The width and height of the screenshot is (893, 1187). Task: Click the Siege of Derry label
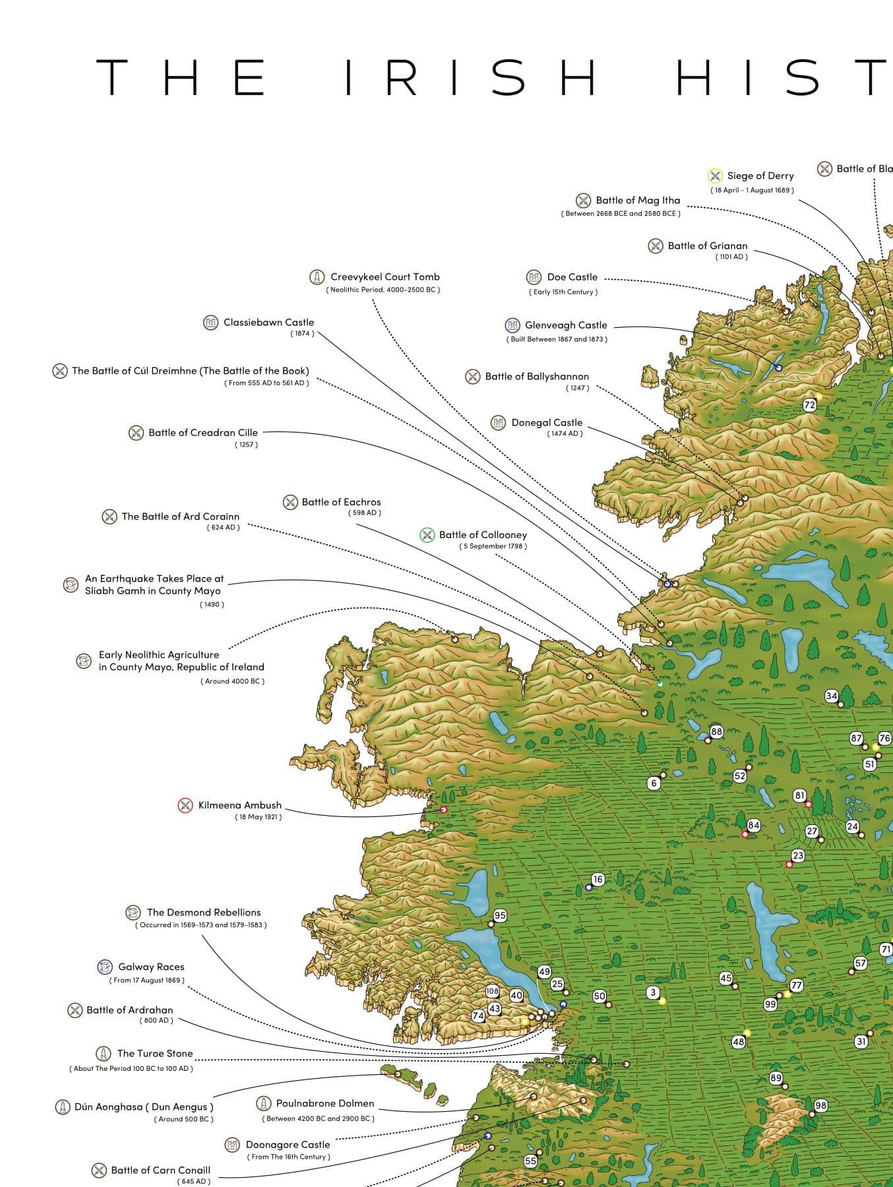coord(760,176)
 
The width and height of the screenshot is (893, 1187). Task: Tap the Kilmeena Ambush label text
coord(239,805)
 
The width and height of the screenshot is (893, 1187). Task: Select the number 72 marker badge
coord(809,405)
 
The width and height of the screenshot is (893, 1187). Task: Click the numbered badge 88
coord(716,731)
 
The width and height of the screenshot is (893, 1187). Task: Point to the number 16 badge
coord(598,879)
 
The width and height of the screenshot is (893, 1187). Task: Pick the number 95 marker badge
coord(500,915)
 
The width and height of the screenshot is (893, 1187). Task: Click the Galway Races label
coord(151,967)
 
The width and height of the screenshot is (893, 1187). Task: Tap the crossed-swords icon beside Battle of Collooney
coord(427,535)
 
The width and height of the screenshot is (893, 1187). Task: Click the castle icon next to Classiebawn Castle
coord(210,322)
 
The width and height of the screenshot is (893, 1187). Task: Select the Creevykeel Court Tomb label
coord(385,277)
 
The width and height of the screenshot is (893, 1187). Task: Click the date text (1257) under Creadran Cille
coord(246,444)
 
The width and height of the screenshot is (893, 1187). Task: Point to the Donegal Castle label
coord(547,423)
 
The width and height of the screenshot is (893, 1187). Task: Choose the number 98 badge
coord(820,1105)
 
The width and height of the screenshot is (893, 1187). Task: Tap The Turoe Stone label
coord(155,1053)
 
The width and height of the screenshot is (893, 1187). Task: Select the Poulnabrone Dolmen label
coord(324,1103)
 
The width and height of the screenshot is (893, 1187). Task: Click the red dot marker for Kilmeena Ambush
coord(444,809)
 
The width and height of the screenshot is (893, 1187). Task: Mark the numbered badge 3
coord(653,992)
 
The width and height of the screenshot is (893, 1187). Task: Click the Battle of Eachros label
coord(341,502)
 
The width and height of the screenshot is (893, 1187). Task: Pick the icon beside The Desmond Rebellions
coord(133,913)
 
